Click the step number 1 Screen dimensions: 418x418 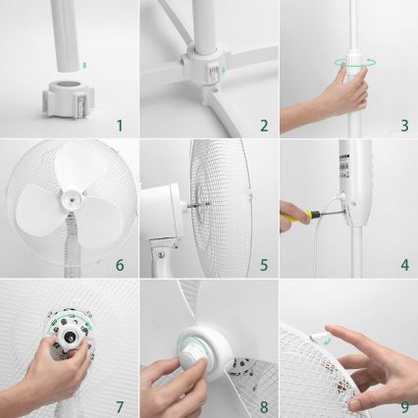tap(119, 125)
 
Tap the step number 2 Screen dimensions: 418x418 tap(263, 125)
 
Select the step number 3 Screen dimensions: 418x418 tap(404, 125)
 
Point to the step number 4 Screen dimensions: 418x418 tap(404, 265)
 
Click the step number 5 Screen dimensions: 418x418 tap(263, 265)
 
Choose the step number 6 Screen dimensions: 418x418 tap(119, 265)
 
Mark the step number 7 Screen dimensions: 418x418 tap(119, 405)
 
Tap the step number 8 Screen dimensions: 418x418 tap(263, 405)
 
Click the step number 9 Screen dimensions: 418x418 tap(404, 405)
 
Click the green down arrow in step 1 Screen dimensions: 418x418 tap(84, 66)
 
